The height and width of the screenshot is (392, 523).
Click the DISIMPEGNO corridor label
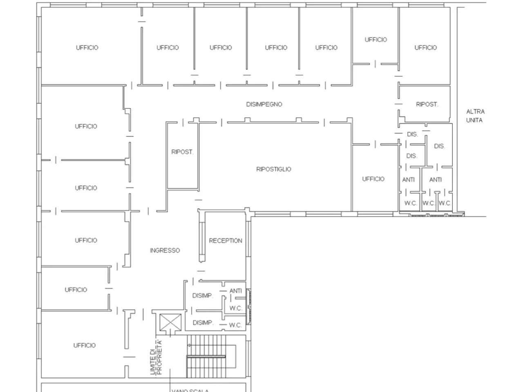(264, 104)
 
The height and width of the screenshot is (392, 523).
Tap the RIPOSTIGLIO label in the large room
(273, 169)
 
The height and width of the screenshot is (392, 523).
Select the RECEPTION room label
(226, 241)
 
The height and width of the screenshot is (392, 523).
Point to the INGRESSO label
(165, 250)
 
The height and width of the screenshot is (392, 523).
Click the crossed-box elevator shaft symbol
(170, 322)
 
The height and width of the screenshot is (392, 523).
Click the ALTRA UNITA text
(475, 116)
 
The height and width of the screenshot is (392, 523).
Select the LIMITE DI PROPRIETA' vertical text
(156, 357)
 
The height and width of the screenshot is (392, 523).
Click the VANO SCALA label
(190, 390)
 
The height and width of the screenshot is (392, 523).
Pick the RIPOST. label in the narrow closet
(182, 152)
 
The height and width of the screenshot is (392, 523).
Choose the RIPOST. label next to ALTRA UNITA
(427, 104)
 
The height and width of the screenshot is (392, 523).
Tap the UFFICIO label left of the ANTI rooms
(373, 179)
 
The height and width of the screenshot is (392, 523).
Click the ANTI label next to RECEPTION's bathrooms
(236, 291)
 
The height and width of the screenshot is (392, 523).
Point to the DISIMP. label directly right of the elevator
(203, 323)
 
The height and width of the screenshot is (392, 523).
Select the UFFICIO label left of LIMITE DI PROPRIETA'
(84, 345)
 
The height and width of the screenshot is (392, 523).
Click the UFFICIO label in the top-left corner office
(87, 48)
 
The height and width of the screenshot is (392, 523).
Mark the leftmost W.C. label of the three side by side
(411, 203)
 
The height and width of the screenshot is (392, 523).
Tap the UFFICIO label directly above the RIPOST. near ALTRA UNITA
(425, 48)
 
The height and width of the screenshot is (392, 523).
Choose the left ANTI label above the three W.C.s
(409, 180)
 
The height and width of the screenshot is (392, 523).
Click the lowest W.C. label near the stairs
(235, 325)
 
